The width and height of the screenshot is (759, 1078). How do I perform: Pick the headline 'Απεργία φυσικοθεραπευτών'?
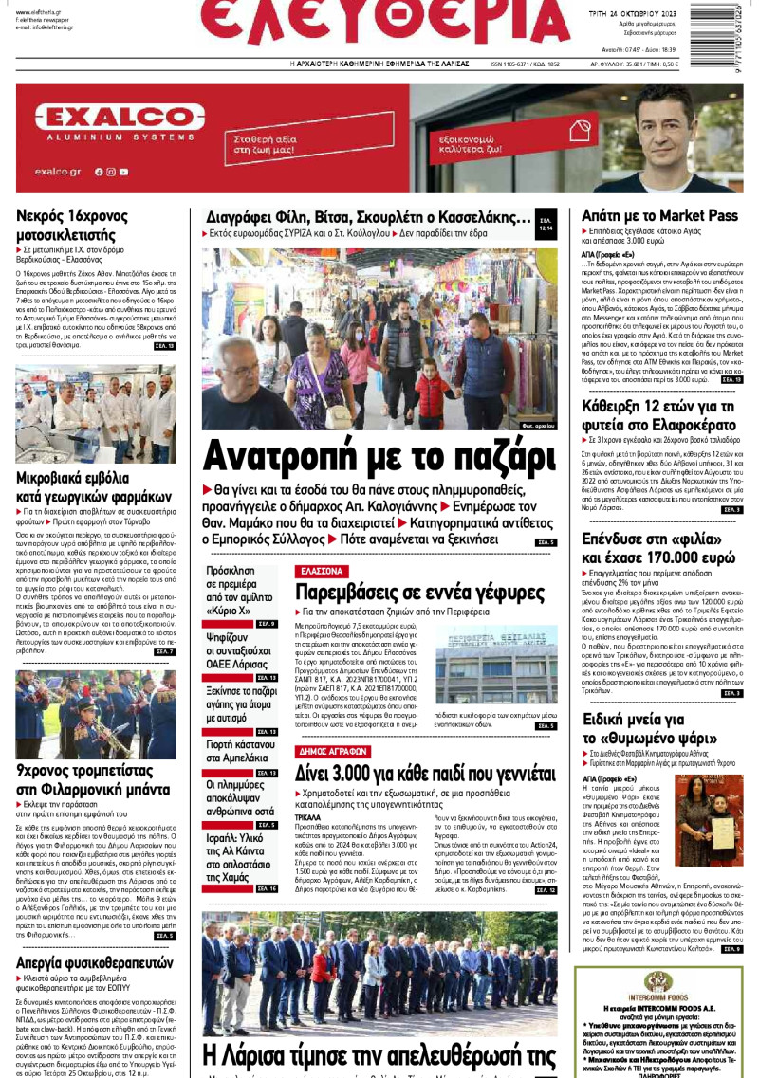(95, 962)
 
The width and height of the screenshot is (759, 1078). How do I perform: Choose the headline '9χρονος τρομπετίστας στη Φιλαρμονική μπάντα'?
(83, 773)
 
